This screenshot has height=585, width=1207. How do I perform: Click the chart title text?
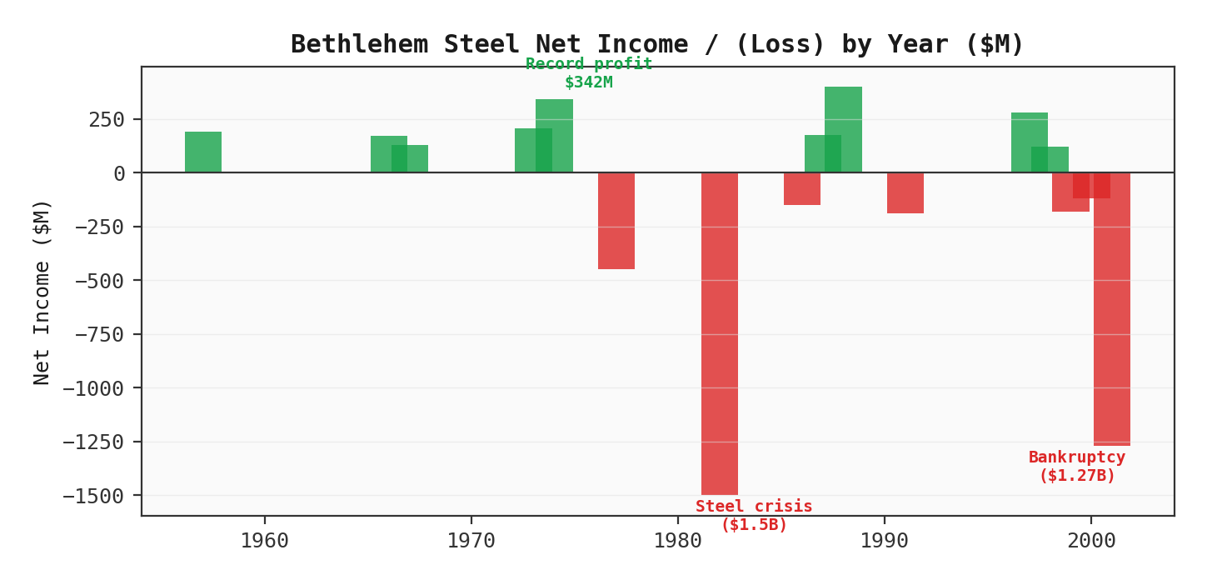click(x=656, y=44)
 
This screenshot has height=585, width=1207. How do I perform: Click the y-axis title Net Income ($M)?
click(x=42, y=292)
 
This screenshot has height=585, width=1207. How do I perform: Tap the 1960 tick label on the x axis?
click(x=264, y=542)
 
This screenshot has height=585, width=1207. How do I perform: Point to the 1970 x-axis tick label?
click(x=471, y=542)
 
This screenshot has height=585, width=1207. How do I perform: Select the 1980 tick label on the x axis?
click(x=677, y=542)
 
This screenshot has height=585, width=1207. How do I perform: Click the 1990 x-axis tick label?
click(x=884, y=542)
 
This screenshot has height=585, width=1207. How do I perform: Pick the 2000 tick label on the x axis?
click(x=1090, y=542)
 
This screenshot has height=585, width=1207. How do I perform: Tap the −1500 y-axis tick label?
click(x=92, y=496)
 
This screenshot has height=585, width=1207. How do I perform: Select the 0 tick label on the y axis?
click(x=118, y=173)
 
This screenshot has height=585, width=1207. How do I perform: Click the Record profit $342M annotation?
click(x=588, y=73)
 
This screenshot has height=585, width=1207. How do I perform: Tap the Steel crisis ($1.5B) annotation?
click(x=753, y=516)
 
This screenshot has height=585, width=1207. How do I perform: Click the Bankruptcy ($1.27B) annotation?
click(x=1076, y=467)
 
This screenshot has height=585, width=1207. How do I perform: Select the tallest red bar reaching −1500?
click(x=719, y=333)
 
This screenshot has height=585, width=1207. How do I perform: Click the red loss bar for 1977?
click(x=616, y=221)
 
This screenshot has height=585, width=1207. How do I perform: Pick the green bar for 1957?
click(x=202, y=152)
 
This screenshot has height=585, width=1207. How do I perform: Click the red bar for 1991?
click(x=905, y=193)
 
